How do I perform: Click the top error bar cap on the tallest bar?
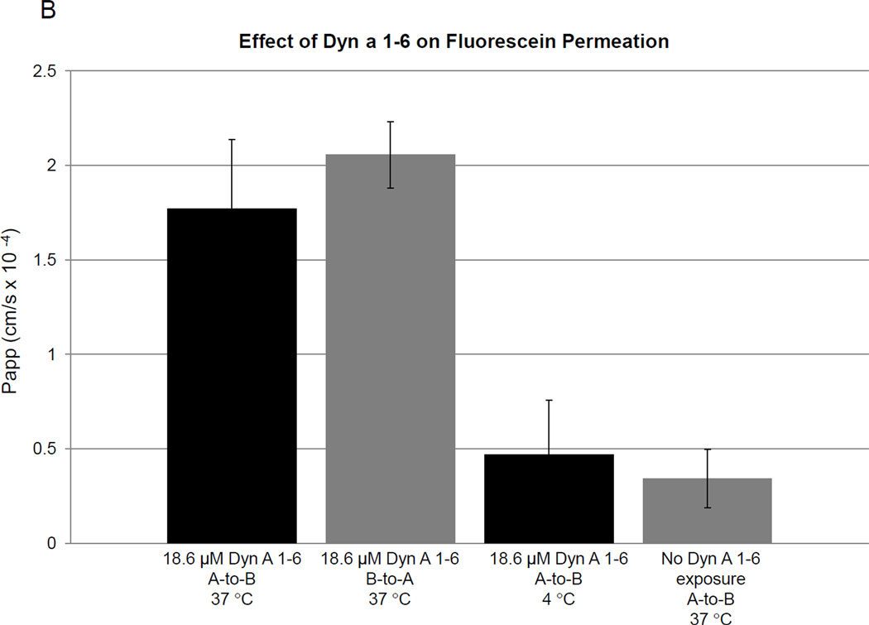pyautogui.click(x=390, y=122)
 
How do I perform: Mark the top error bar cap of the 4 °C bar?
pyautogui.click(x=549, y=400)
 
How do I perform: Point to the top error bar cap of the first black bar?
pyautogui.click(x=232, y=139)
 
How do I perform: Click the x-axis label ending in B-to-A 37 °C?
pyautogui.click(x=390, y=577)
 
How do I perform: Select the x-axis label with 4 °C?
pyautogui.click(x=549, y=577)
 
